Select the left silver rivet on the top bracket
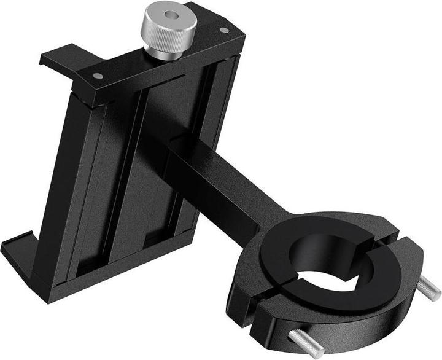click(x=97, y=76)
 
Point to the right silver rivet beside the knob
click(x=223, y=30)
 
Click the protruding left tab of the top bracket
click(x=55, y=59)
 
